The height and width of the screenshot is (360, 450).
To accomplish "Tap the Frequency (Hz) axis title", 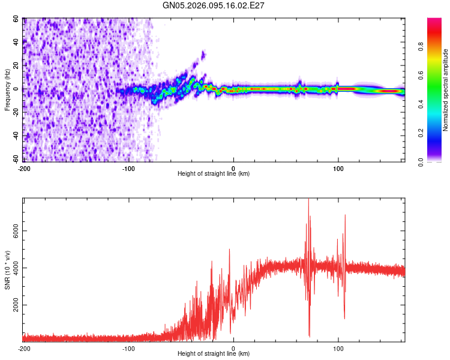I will (x=8, y=90).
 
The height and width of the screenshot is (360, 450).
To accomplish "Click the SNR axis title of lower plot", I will (x=8, y=270).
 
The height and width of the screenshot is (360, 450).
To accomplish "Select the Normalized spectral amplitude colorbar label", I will (x=446, y=90).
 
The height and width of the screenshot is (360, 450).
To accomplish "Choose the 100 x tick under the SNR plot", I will (x=338, y=349).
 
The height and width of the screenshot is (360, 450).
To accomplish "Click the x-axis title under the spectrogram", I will (x=214, y=175).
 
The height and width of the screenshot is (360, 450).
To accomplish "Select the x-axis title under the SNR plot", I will (x=214, y=355).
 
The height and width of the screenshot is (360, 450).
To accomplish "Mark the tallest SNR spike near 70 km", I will (x=308, y=200).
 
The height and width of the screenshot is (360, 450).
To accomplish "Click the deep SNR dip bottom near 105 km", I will (x=344, y=319).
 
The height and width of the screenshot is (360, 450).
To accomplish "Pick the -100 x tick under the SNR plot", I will (x=128, y=349).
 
